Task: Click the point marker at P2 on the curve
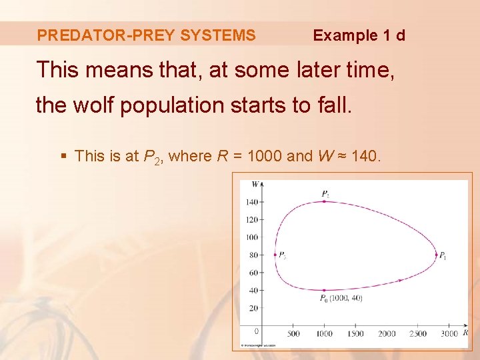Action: point(325,201)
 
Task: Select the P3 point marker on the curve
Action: point(275,255)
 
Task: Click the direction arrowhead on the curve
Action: point(399,280)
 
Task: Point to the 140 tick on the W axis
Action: point(261,201)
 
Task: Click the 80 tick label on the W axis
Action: point(253,255)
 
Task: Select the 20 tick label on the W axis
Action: point(253,308)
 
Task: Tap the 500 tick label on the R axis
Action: point(293,333)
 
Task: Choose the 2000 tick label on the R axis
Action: point(387,333)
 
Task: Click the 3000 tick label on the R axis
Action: point(449,333)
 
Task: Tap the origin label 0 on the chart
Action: point(257,331)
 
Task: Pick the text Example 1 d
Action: point(359,35)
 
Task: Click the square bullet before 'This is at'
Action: point(64,157)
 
